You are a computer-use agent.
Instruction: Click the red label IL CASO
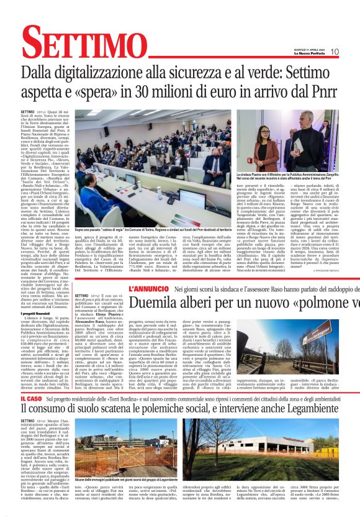tap(30, 399)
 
